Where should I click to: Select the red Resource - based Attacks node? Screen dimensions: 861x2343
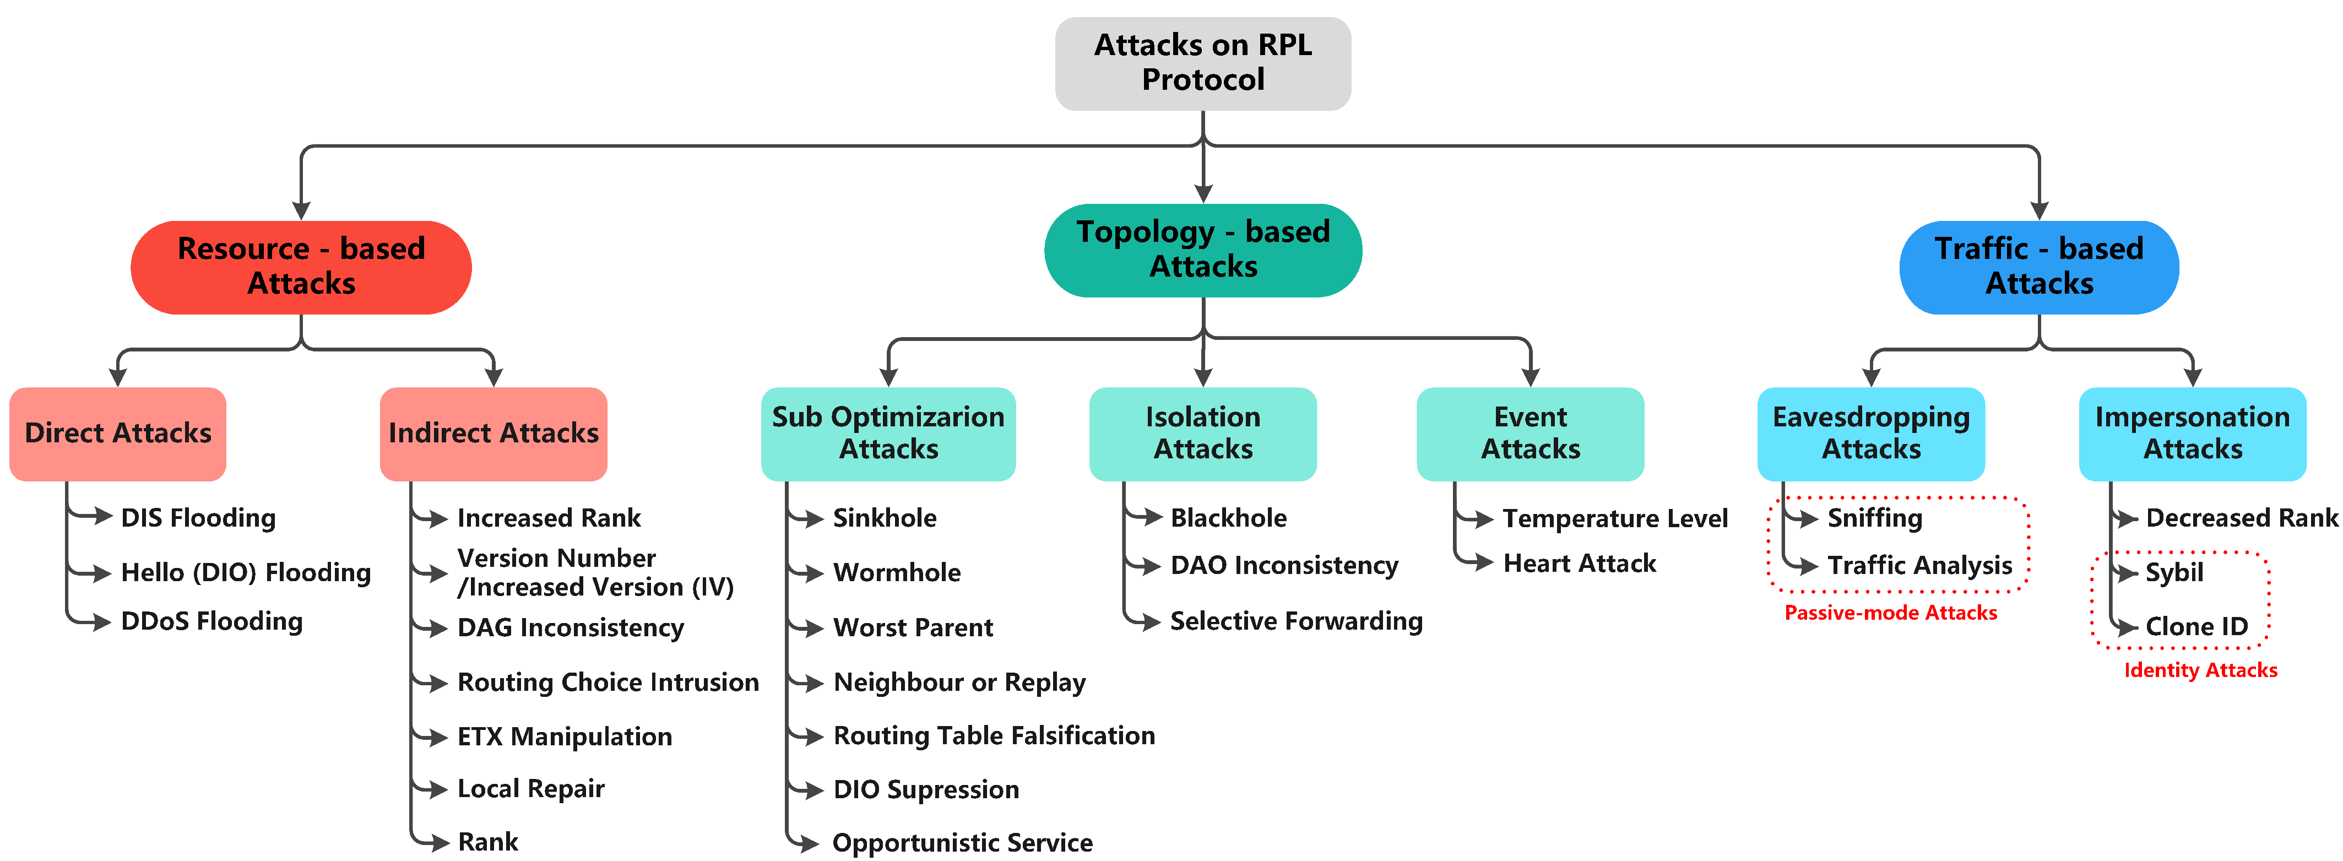tap(301, 267)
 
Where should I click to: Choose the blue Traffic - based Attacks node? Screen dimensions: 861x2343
tap(2038, 267)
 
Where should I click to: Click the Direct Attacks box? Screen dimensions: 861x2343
tap(118, 433)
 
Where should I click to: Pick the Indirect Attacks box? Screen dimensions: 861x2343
tap(493, 433)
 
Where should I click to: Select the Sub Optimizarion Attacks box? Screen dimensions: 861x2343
tap(888, 433)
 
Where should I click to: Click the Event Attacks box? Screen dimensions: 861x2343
tap(1530, 433)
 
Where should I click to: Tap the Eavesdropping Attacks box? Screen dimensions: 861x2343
tap(1871, 433)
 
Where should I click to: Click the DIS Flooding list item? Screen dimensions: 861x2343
tap(198, 518)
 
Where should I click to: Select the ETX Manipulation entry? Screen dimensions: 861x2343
tap(565, 737)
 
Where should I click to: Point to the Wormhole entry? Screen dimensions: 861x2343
tap(897, 572)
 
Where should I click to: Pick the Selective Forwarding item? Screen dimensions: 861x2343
tap(1296, 621)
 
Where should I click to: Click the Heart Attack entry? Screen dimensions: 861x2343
tap(1580, 564)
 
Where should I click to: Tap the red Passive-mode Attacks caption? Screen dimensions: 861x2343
tap(1890, 613)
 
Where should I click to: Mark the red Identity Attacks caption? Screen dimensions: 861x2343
tap(2200, 670)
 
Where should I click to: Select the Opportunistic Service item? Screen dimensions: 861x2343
tap(962, 843)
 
